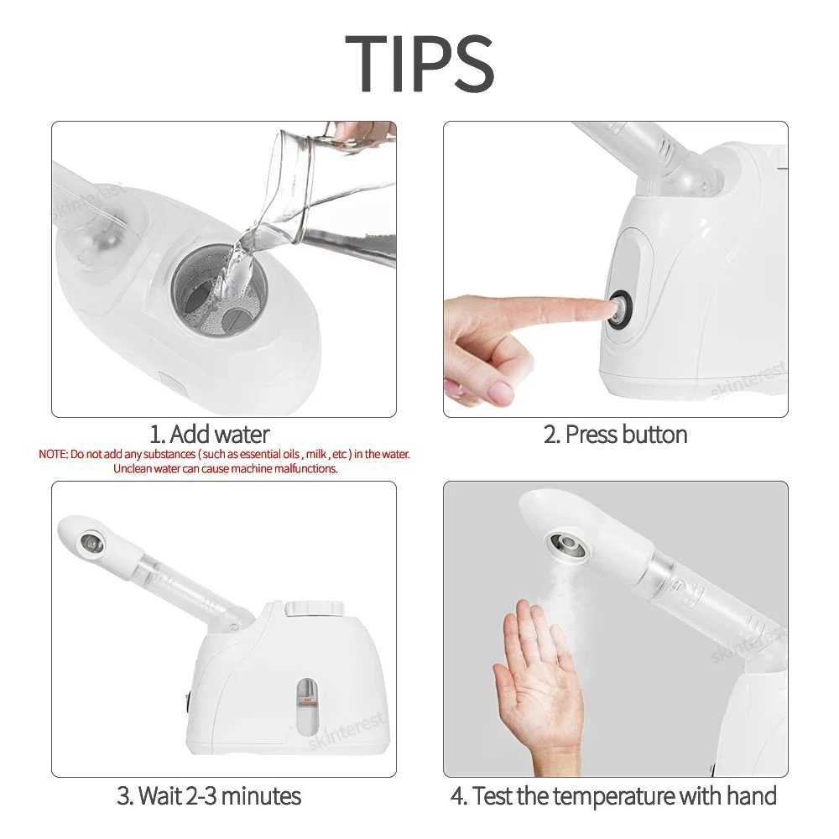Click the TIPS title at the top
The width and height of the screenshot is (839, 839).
click(x=419, y=63)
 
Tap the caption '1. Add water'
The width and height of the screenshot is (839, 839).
click(x=210, y=435)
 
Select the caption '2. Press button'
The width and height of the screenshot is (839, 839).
click(x=616, y=435)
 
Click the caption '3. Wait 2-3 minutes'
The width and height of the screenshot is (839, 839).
click(x=209, y=795)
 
